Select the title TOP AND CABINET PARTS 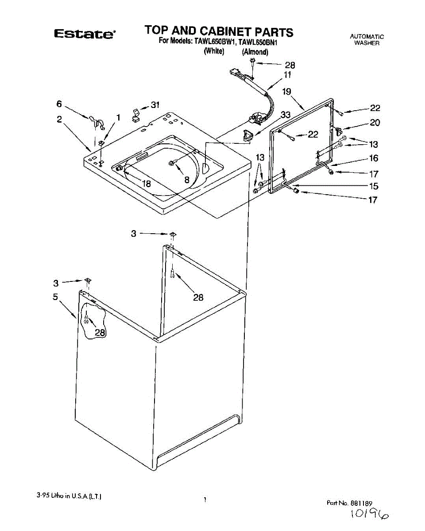coord(219,31)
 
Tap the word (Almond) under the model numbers coord(255,52)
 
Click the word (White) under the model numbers coord(214,51)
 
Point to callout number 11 coord(288,75)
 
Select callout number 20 coord(375,123)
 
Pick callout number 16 coord(374,158)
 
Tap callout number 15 coord(374,186)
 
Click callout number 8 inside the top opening coord(187,180)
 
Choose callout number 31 coord(155,105)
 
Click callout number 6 coord(59,104)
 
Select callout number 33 coord(286,115)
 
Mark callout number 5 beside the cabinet coord(56,297)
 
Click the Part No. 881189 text coord(350,503)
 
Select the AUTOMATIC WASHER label coord(367,40)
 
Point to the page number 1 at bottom coord(205,500)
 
